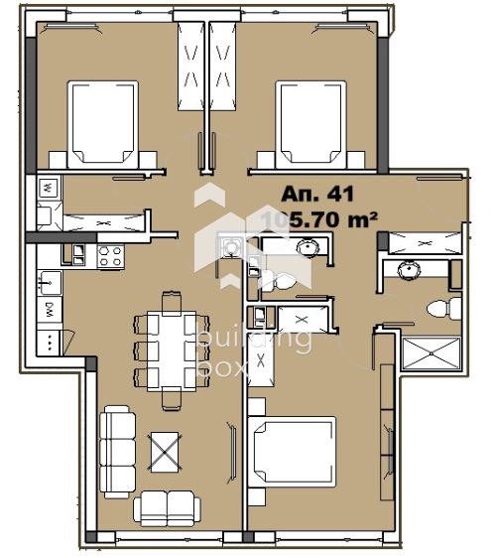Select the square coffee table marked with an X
pyautogui.click(x=164, y=454)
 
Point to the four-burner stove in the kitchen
pyautogui.click(x=110, y=255)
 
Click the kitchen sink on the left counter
pyautogui.click(x=48, y=282)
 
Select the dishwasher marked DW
pyautogui.click(x=48, y=312)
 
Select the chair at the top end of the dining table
pyautogui.click(x=171, y=298)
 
